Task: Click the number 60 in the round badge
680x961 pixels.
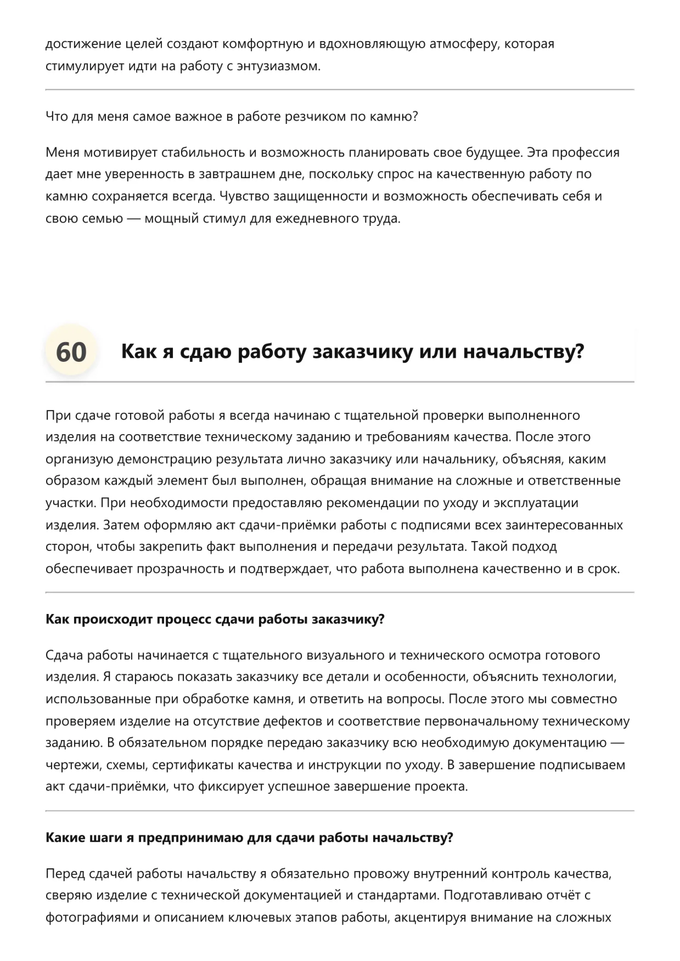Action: point(71,351)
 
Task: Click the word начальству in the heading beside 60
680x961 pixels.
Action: point(524,351)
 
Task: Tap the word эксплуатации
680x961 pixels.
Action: point(532,503)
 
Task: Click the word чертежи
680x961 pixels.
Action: point(70,765)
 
